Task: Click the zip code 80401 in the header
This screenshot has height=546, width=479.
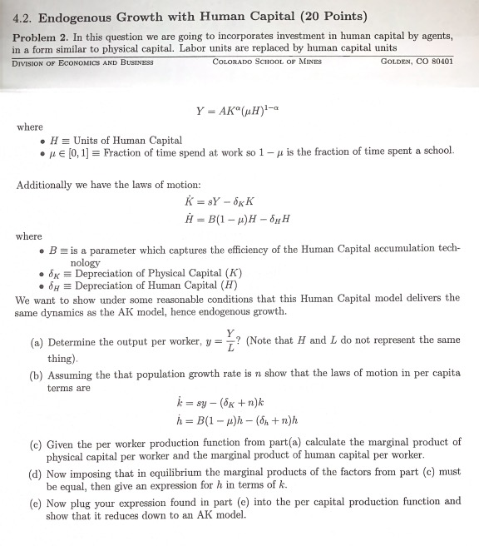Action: tap(437, 62)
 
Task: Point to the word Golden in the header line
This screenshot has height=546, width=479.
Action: tap(396, 62)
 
